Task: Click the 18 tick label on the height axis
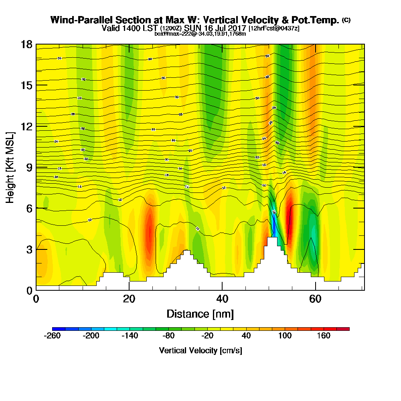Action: pyautogui.click(x=26, y=45)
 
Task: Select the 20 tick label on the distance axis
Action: pyautogui.click(x=129, y=299)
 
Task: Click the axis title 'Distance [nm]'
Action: pyautogui.click(x=200, y=314)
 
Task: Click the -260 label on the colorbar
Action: pyautogui.click(x=53, y=336)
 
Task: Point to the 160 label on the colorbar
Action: pyautogui.click(x=324, y=336)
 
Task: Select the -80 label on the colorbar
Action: pyautogui.click(x=169, y=336)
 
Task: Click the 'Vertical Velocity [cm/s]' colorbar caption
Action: pyautogui.click(x=200, y=350)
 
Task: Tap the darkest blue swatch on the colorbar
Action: pyautogui.click(x=56, y=329)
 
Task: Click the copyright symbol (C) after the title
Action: pyautogui.click(x=346, y=20)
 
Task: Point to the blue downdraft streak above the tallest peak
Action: pyautogui.click(x=274, y=225)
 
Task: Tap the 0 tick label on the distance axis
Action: pyautogui.click(x=36, y=299)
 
